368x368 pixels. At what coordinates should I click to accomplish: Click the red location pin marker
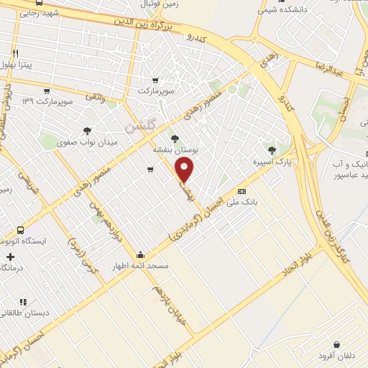[x=185, y=170]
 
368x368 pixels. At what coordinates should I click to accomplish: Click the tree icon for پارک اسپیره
[x=271, y=150]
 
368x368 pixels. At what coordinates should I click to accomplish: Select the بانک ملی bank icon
[x=242, y=191]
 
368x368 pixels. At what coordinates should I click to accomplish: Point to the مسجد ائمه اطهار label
[x=144, y=266]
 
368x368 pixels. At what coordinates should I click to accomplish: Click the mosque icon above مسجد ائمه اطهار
[x=139, y=254]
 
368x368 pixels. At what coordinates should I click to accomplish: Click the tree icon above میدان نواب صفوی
[x=87, y=131]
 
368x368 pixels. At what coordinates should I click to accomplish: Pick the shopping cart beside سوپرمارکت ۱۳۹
[x=47, y=91]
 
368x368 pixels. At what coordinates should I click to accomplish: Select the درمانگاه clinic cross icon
[x=10, y=257]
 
